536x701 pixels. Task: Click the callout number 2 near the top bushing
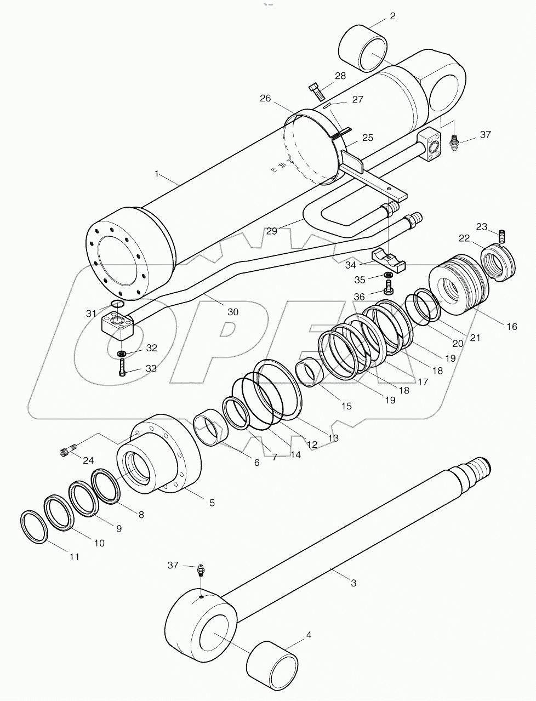tap(392, 16)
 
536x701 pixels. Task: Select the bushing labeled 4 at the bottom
tap(272, 664)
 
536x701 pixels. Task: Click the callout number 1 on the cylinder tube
tap(157, 174)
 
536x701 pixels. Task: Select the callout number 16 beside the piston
tap(511, 327)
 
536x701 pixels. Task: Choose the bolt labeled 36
tap(389, 286)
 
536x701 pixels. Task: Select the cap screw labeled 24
tap(65, 452)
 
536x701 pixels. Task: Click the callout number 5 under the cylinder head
tap(212, 502)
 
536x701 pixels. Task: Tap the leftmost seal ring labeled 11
tap(33, 527)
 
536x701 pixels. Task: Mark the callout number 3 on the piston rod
tap(353, 583)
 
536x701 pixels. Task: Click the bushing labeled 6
tap(210, 429)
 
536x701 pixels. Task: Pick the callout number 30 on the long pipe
tap(233, 312)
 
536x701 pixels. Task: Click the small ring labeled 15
tap(309, 373)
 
